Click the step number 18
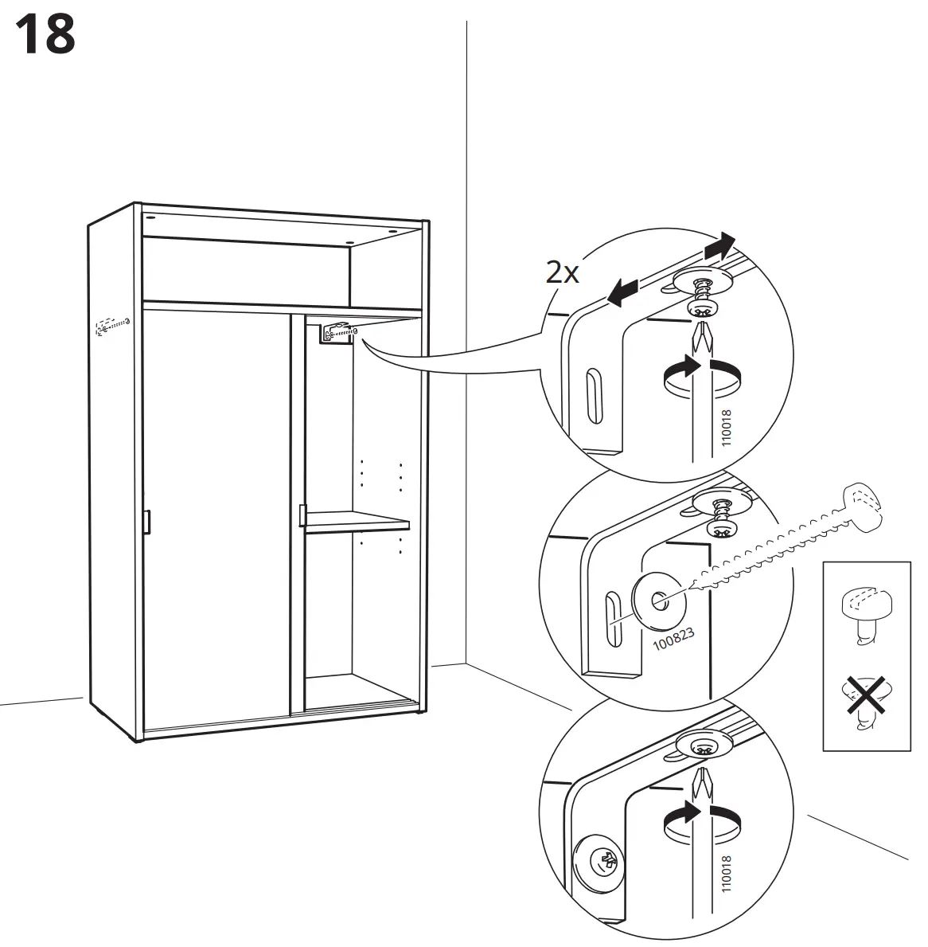45,34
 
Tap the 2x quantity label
562,273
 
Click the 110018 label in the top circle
725,430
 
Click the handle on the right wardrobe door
302,515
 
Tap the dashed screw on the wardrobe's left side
111,325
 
